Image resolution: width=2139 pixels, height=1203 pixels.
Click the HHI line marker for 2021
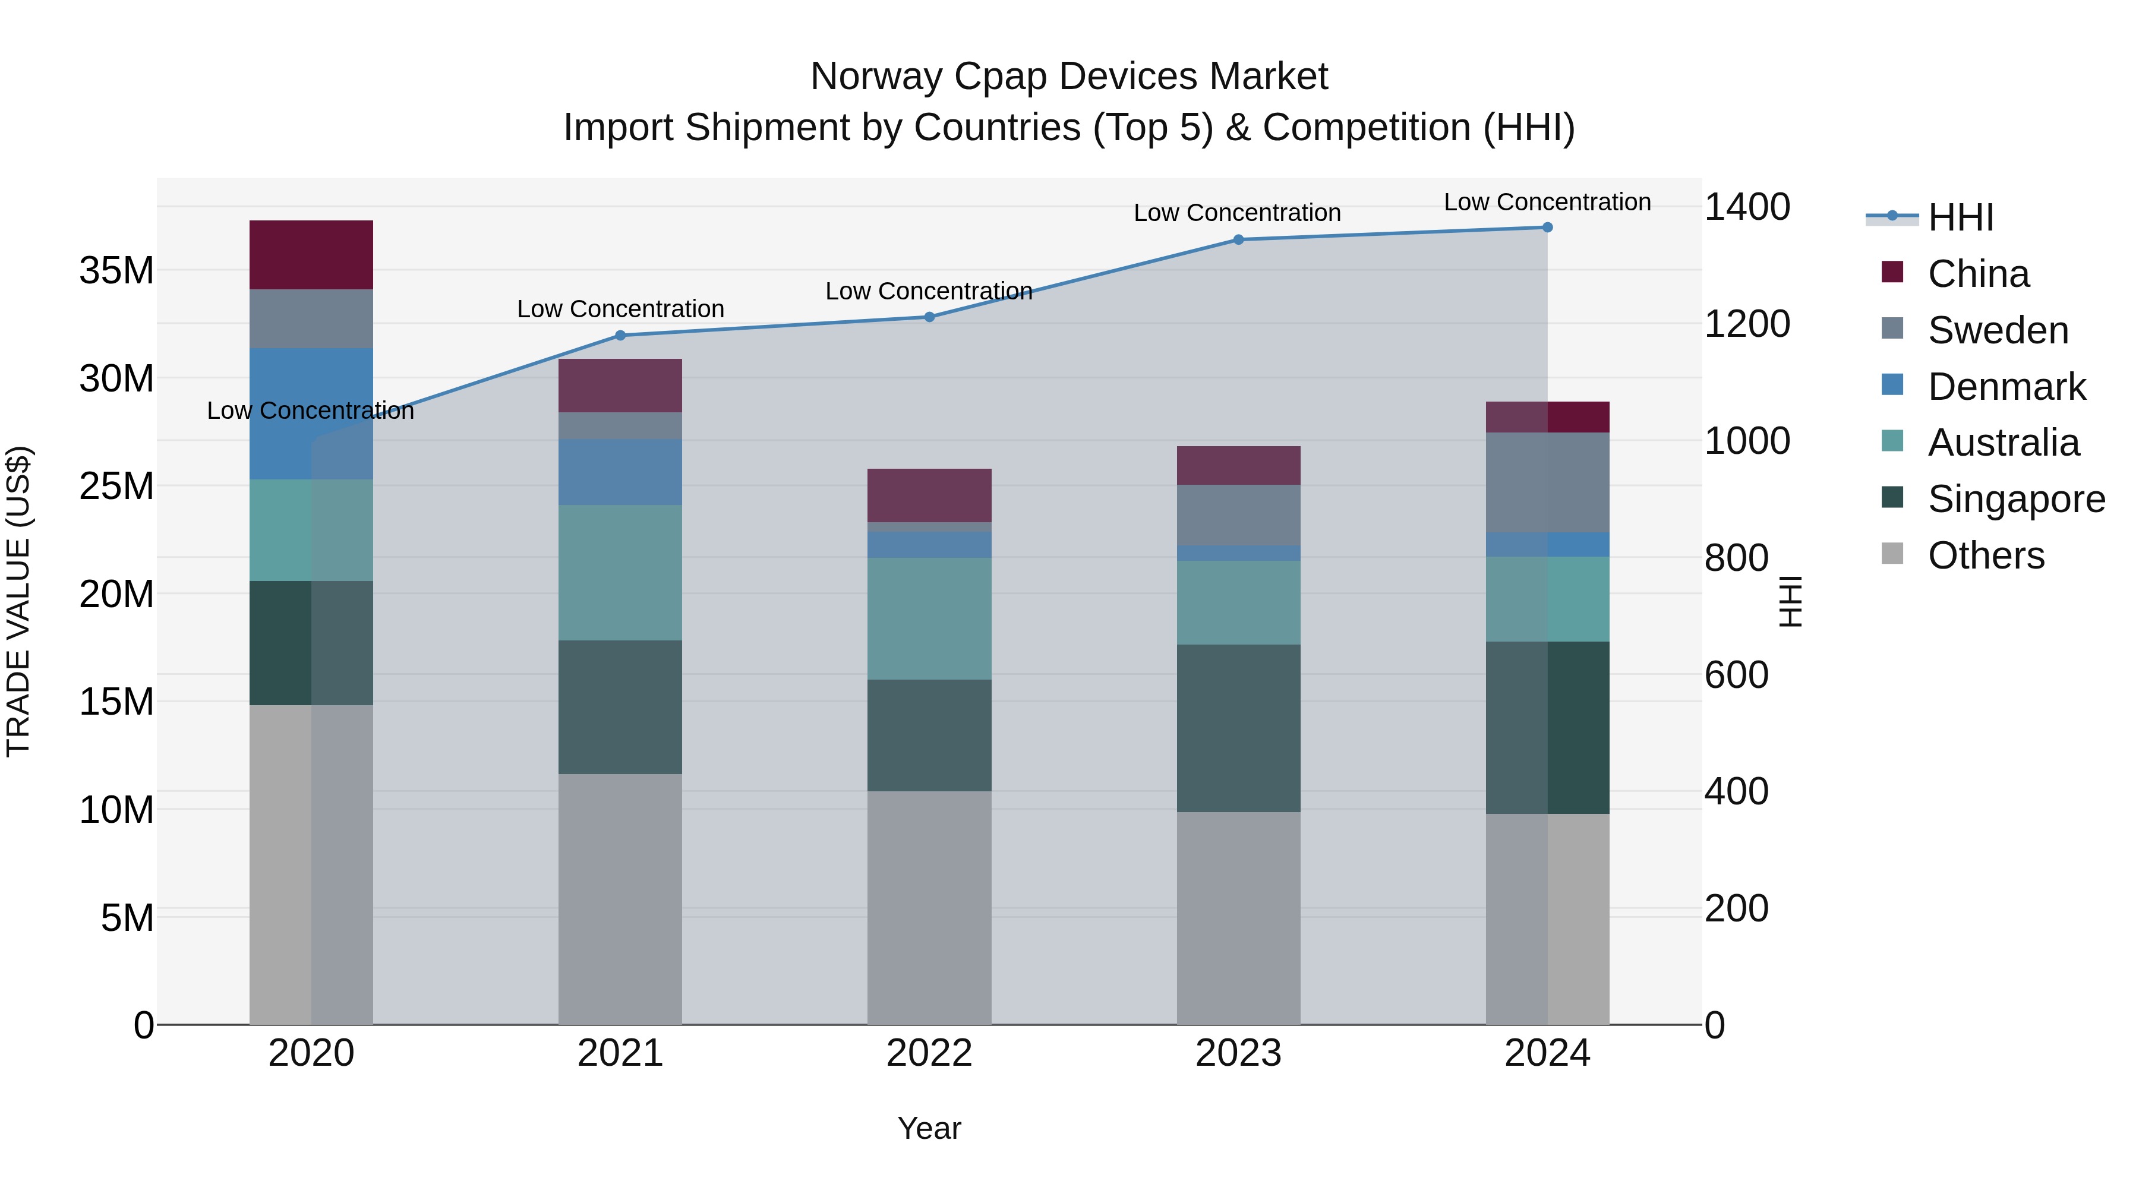620,336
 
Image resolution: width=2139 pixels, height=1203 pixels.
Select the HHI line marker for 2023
1238,240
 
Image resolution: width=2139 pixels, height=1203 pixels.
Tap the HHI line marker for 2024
1547,228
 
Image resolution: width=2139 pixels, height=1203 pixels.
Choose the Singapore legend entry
2015,499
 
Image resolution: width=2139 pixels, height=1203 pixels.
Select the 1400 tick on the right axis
1747,207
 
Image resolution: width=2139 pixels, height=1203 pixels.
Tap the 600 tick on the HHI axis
1736,675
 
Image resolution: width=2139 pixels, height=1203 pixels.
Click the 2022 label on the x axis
929,1053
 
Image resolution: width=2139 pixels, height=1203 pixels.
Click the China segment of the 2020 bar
311,255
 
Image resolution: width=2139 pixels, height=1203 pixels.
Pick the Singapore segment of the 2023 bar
1238,728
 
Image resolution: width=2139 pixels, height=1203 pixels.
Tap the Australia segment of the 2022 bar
929,618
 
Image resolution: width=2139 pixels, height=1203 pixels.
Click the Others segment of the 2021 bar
620,899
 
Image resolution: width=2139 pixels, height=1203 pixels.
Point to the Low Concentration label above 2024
1547,203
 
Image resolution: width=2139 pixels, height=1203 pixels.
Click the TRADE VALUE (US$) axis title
18,601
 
